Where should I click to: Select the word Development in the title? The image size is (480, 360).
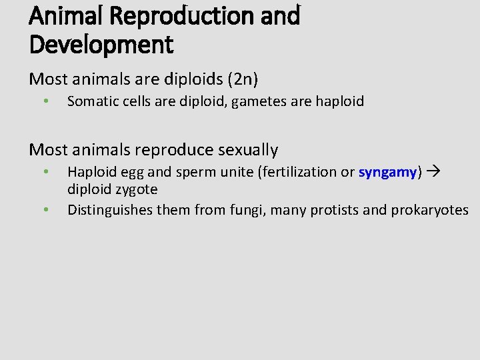pos(101,45)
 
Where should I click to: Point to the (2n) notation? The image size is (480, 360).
pos(243,79)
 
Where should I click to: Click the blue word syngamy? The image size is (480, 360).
pos(387,172)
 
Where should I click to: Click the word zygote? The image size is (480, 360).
pos(136,189)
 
